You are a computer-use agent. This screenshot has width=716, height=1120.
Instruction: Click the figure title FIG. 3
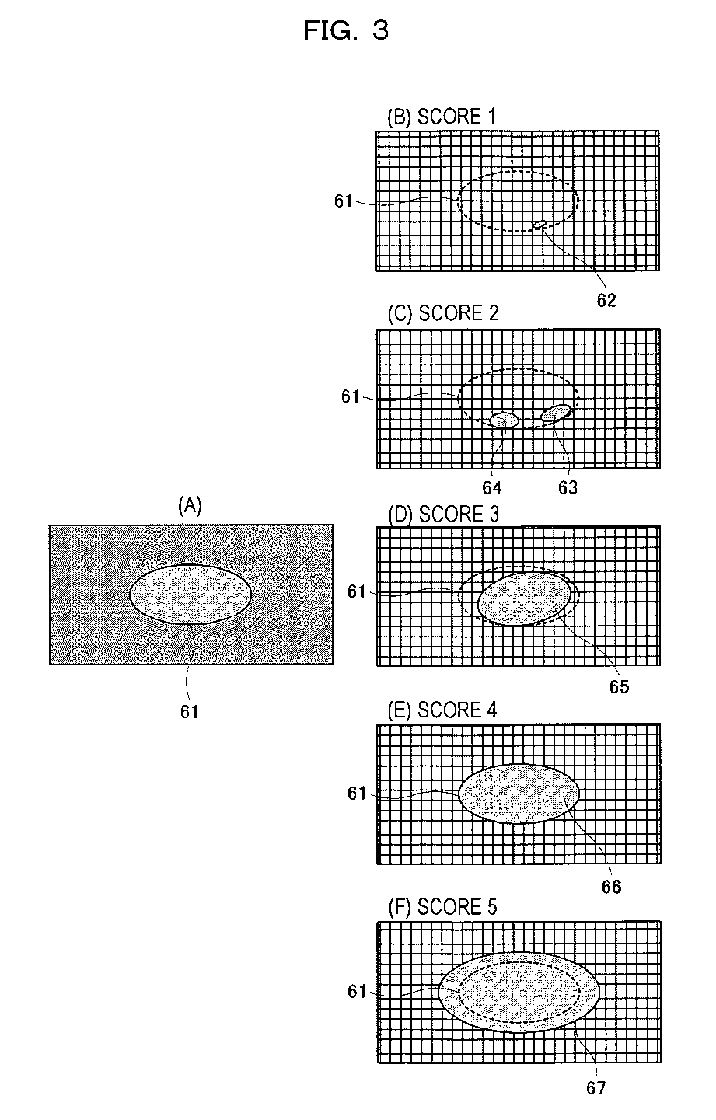[x=345, y=30]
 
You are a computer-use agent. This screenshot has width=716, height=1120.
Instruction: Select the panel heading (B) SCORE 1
[x=441, y=117]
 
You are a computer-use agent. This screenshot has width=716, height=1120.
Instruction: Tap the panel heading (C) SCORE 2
[x=442, y=313]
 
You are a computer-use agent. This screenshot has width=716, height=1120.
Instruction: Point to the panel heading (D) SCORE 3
[x=442, y=515]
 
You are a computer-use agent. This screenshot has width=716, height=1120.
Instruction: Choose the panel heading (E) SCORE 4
[x=442, y=710]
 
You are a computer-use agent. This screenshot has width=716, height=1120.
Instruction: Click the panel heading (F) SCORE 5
[x=442, y=907]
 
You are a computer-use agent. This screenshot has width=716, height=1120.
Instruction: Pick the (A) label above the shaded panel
[x=190, y=506]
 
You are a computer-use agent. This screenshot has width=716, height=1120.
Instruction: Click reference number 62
[x=606, y=301]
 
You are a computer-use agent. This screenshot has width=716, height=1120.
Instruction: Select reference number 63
[x=568, y=487]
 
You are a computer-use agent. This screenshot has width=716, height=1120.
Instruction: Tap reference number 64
[x=492, y=487]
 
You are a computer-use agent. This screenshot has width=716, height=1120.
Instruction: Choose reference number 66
[x=612, y=886]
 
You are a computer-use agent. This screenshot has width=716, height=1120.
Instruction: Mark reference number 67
[x=596, y=1088]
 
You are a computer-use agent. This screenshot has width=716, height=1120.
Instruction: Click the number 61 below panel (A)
[x=190, y=711]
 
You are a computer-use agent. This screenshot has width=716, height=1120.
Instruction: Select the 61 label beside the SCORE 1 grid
[x=344, y=201]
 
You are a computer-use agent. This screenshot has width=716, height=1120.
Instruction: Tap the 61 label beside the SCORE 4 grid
[x=357, y=794]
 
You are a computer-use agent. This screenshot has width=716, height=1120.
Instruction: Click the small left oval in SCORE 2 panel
[x=504, y=420]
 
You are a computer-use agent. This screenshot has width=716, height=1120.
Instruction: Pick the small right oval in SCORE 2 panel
[x=556, y=413]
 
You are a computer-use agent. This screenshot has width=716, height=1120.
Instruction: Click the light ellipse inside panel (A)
[x=190, y=595]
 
